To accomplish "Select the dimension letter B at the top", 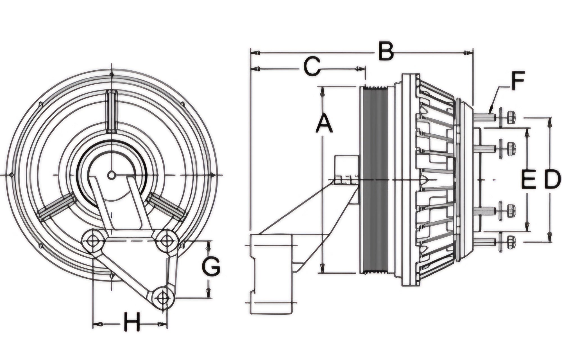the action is click(x=386, y=51).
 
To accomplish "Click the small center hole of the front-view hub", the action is click(x=112, y=175).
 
